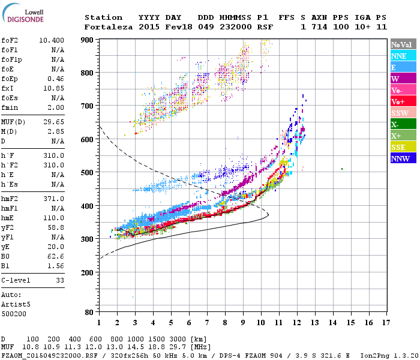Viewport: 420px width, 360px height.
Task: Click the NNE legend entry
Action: pos(403,56)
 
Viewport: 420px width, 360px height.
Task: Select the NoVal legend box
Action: pos(403,44)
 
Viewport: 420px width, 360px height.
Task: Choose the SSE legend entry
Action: pos(403,147)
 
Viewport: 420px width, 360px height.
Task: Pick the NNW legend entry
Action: pos(403,158)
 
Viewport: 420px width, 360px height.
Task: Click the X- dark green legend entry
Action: pos(403,124)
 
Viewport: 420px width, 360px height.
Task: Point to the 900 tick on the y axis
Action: pos(88,40)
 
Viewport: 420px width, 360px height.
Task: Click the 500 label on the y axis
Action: pos(88,173)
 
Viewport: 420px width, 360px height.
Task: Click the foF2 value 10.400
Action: pos(52,40)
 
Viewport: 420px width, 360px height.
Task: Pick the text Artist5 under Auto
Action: pos(16,304)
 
